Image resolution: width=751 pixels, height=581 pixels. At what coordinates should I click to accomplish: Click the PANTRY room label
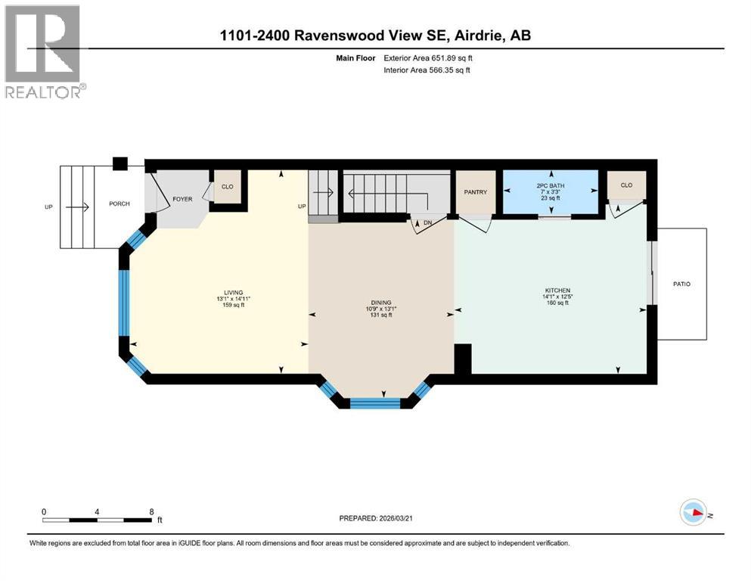pyautogui.click(x=476, y=192)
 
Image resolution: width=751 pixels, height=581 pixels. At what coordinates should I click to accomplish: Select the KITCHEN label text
pyautogui.click(x=557, y=290)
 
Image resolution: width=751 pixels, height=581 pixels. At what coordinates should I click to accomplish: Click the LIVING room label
pyautogui.click(x=232, y=292)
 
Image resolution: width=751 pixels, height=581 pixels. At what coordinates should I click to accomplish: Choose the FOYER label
pyautogui.click(x=182, y=200)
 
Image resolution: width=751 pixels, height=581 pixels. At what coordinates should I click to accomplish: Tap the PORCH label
pyautogui.click(x=119, y=204)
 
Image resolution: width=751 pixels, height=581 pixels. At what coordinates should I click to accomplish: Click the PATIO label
pyautogui.click(x=681, y=284)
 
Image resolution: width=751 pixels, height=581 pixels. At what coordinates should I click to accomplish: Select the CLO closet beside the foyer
pyautogui.click(x=227, y=186)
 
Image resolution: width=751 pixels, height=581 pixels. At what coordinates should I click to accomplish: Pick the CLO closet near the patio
pyautogui.click(x=626, y=185)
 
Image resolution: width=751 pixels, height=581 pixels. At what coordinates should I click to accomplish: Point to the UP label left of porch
pyautogui.click(x=48, y=206)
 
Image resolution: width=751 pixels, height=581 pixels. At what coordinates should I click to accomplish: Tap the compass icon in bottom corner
pyautogui.click(x=694, y=514)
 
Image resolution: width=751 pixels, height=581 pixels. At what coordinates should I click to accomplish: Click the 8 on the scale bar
pyautogui.click(x=152, y=511)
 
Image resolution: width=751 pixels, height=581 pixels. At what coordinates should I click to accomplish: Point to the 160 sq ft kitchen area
pyautogui.click(x=557, y=302)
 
